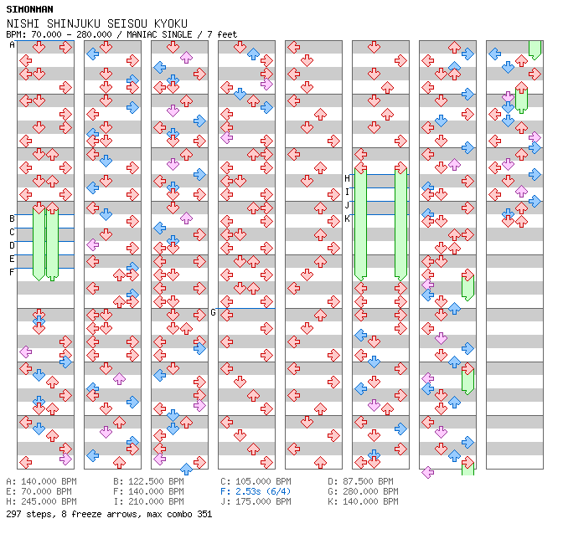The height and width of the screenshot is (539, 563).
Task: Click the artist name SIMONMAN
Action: click(25, 9)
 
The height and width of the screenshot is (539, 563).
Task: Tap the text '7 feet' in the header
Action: click(222, 35)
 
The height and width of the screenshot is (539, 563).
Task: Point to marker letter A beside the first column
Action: click(12, 45)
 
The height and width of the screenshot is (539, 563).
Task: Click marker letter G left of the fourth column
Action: click(213, 312)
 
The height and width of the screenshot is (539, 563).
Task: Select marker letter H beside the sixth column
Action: click(347, 178)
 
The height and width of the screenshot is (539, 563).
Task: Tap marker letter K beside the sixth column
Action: click(347, 218)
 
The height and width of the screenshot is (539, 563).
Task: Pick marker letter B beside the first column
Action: click(12, 218)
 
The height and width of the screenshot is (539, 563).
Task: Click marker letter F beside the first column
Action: click(12, 272)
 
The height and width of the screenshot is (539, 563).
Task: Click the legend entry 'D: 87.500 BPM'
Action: click(360, 482)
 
